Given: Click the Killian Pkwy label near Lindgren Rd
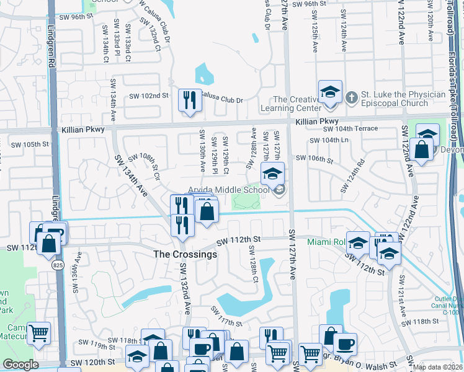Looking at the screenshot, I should (83, 130).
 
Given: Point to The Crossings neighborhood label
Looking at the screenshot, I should (185, 254).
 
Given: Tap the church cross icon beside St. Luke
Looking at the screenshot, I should (352, 96).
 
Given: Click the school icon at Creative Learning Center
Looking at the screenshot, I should (330, 92).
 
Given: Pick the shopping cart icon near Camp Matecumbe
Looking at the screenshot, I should (38, 332).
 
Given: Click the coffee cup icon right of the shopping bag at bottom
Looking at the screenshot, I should (345, 343).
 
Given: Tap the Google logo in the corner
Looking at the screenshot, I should (20, 365).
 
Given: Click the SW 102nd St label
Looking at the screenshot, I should (148, 95).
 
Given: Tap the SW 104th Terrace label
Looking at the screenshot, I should (350, 128).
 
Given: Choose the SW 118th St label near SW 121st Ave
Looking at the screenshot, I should (421, 321).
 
